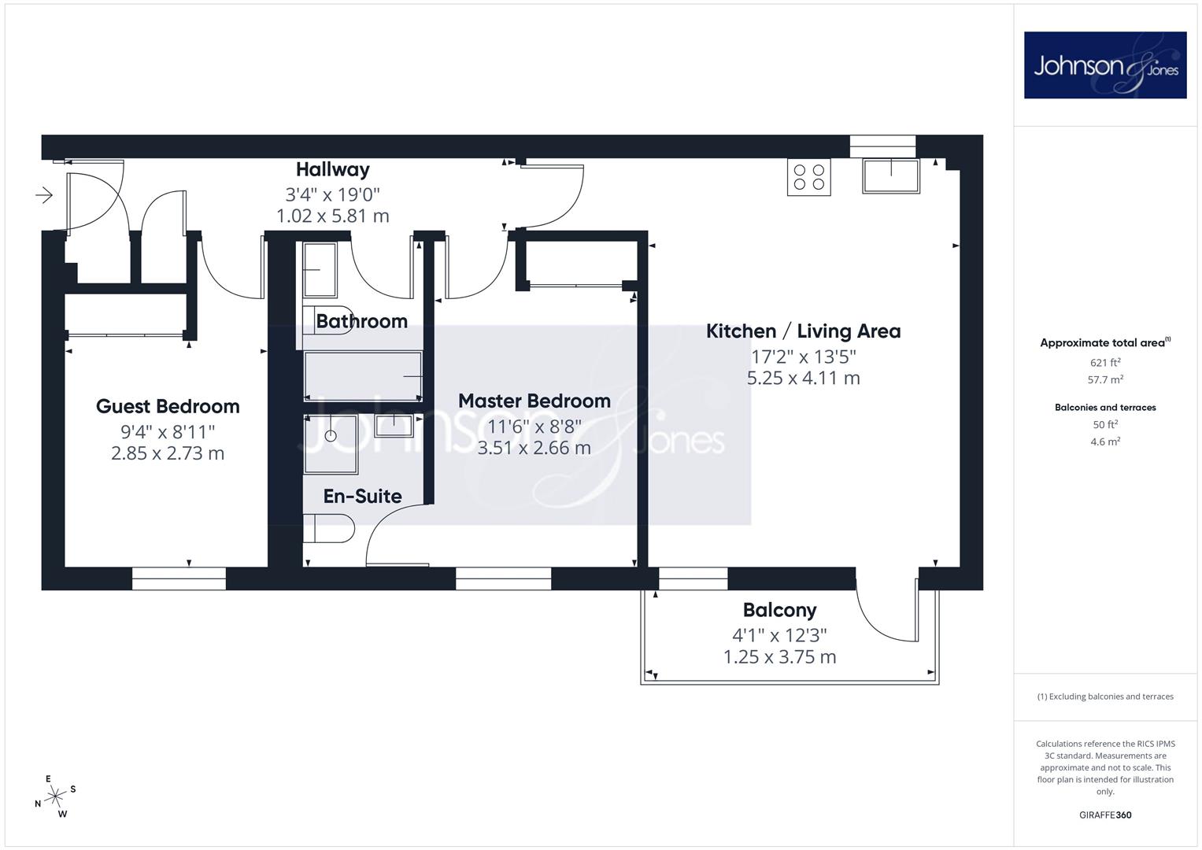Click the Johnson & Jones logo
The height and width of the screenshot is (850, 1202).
coord(1105,65)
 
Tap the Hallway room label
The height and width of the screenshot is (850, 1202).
coord(333,169)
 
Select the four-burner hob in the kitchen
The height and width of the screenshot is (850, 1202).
coord(809,177)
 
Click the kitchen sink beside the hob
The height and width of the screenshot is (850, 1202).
coord(891,176)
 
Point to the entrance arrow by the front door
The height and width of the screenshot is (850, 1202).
coord(44,195)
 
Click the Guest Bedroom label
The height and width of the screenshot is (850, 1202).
coord(168,407)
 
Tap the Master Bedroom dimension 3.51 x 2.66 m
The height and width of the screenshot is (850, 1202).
coord(534,448)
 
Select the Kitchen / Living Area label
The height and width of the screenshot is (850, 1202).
coord(803,331)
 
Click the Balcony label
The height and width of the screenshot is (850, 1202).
coord(780,610)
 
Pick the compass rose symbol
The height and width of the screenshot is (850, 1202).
coord(55,796)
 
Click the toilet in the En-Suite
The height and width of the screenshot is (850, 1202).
coord(328,528)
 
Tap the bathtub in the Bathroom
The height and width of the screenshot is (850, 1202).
coord(364,376)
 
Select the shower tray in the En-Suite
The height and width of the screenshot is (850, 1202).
coord(331,444)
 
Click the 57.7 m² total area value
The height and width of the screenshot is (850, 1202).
coord(1105,379)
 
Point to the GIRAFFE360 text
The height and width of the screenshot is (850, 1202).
coord(1105,815)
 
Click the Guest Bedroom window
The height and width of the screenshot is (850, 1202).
coord(179,578)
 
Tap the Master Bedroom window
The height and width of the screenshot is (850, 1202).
coord(503,578)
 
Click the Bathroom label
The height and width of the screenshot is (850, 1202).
coord(361,321)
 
